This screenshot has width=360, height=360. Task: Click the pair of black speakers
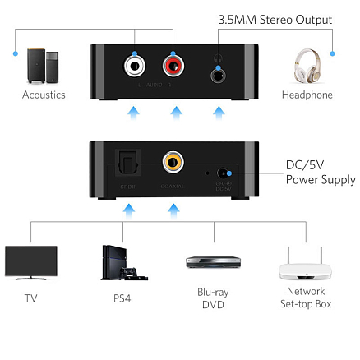coord(44,67)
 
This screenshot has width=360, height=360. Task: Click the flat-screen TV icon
coord(30,262)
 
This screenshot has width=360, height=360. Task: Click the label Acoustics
coord(44,95)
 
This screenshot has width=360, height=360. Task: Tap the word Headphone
coord(308,95)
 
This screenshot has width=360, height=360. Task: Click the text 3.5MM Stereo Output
coord(275,20)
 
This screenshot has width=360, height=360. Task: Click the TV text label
coord(30,298)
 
